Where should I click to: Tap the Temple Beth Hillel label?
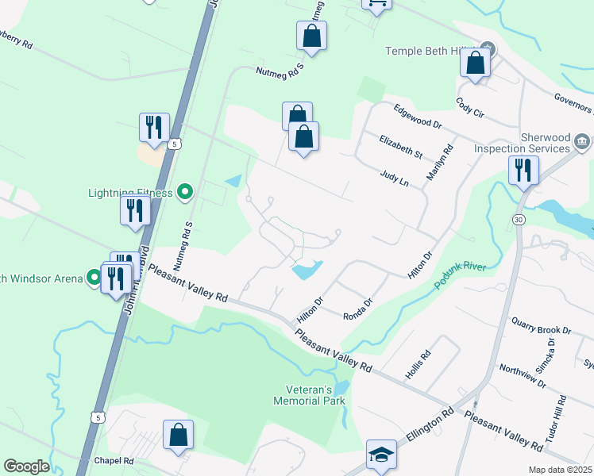point(433,51)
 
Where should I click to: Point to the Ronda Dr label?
point(358,309)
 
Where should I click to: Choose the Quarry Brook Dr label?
point(542,324)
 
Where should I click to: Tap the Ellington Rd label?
point(430,424)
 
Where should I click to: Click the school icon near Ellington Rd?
point(380,455)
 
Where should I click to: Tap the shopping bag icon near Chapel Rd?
point(178,435)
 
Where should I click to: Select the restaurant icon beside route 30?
point(524,170)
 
